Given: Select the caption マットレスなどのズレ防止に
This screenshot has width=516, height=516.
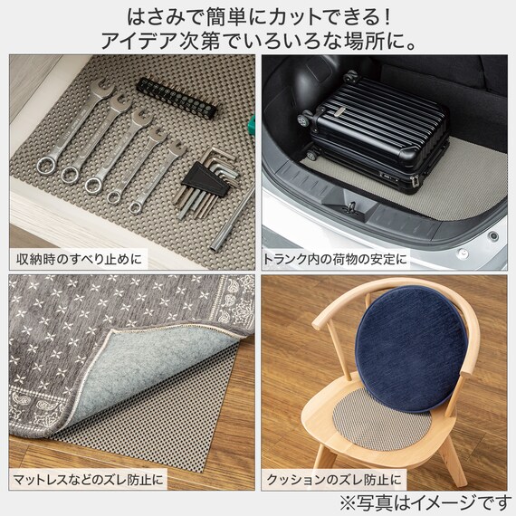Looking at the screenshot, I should point(90,477).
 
